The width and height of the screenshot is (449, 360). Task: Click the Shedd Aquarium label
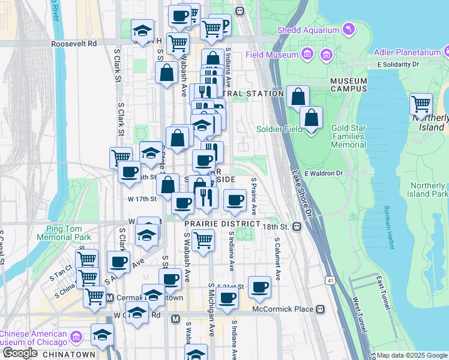[307, 30]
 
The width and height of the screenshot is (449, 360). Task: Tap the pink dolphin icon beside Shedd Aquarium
[348, 29]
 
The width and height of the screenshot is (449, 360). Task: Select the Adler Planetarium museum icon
[445, 52]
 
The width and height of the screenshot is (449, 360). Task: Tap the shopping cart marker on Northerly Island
[421, 103]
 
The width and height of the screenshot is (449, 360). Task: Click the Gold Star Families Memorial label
[348, 137]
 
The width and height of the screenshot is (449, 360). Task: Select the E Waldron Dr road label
[323, 173]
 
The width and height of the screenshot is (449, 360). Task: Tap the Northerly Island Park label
[427, 190]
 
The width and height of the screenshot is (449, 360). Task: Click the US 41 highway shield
[330, 280]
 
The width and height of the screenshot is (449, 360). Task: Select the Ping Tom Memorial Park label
[68, 232]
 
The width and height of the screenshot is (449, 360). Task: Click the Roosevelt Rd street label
[74, 44]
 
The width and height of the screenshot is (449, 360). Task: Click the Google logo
[20, 353]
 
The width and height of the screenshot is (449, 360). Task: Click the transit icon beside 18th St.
[297, 226]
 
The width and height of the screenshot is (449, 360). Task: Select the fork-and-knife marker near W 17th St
[206, 197]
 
